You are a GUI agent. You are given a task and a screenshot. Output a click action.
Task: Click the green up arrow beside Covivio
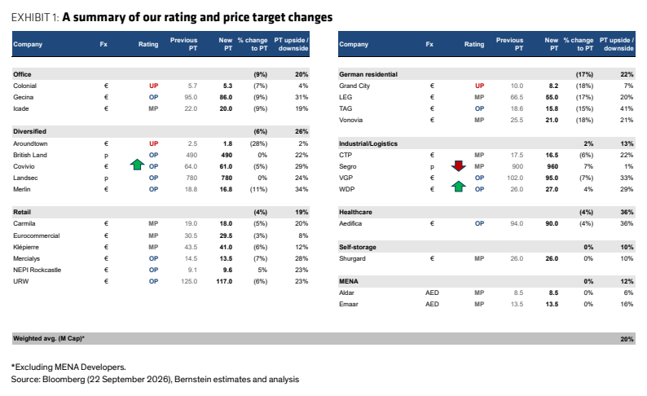coord(137,165)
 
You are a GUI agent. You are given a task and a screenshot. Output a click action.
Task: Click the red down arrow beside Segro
coord(459,166)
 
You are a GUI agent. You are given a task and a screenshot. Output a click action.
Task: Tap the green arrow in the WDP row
coord(459,187)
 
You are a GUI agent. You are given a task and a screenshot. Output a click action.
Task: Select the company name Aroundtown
coord(30,143)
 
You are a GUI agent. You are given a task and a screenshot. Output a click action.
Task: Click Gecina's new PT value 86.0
coord(226,97)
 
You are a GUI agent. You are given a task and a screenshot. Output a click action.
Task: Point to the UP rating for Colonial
coord(153,86)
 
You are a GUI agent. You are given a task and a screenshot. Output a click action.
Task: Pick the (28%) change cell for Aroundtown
coord(258,143)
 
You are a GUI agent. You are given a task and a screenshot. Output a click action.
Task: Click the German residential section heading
coord(368,74)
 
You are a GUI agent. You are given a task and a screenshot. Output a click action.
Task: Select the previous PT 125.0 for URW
coord(189,281)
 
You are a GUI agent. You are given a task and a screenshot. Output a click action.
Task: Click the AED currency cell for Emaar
coord(432,304)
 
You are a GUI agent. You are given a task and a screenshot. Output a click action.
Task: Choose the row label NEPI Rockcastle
coord(37,270)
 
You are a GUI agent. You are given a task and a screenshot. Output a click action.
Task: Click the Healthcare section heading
coord(355,212)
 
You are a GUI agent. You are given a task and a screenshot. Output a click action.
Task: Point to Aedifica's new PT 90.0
coord(552,223)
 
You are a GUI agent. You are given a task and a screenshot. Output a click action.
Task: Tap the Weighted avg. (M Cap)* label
coord(49,338)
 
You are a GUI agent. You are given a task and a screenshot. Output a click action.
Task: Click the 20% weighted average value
coord(627,339)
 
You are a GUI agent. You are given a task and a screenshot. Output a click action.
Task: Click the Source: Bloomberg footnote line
coord(155,379)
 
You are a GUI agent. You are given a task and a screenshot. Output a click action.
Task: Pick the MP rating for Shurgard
coord(479,258)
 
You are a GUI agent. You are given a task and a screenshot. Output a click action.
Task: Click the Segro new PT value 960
coord(552,166)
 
